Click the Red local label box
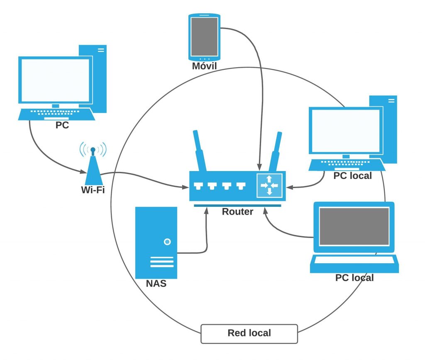click(249, 333)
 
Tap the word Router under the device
click(237, 211)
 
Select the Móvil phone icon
click(204, 37)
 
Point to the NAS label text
click(156, 284)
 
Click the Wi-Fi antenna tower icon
click(93, 166)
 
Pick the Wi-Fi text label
click(93, 190)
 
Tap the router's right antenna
click(275, 152)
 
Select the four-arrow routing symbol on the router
click(269, 185)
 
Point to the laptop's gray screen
click(354, 227)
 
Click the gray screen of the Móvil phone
click(204, 36)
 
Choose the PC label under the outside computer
click(62, 125)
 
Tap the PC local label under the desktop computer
click(352, 176)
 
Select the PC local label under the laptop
click(354, 277)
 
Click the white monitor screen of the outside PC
click(55, 80)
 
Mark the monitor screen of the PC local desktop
click(346, 131)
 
